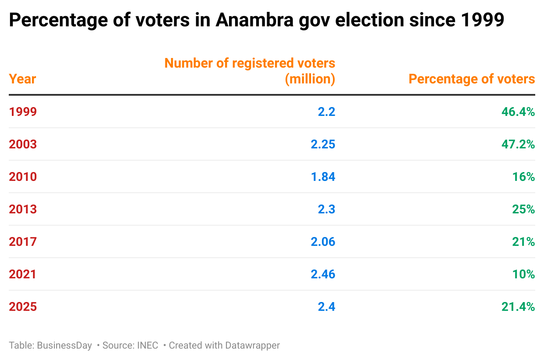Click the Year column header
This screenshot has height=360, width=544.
click(22, 79)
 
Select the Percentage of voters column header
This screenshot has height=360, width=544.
click(472, 79)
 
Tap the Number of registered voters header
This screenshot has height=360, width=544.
click(250, 71)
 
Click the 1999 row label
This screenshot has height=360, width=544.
click(23, 112)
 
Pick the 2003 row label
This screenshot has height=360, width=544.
click(23, 144)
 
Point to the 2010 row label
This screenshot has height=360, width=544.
click(23, 177)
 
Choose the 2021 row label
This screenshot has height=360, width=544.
click(23, 274)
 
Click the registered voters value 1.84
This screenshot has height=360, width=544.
click(323, 177)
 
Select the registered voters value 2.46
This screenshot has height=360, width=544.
click(323, 274)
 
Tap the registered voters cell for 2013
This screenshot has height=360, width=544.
click(326, 209)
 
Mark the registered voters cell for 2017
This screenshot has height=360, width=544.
click(323, 242)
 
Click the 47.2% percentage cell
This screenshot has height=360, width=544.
click(518, 144)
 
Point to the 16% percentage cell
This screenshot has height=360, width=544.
click(523, 177)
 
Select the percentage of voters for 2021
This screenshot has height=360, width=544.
click(523, 274)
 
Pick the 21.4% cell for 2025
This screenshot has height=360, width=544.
click(518, 307)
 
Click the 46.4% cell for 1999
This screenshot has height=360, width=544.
click(518, 112)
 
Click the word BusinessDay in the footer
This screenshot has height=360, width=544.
click(64, 346)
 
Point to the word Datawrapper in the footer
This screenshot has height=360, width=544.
click(252, 346)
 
